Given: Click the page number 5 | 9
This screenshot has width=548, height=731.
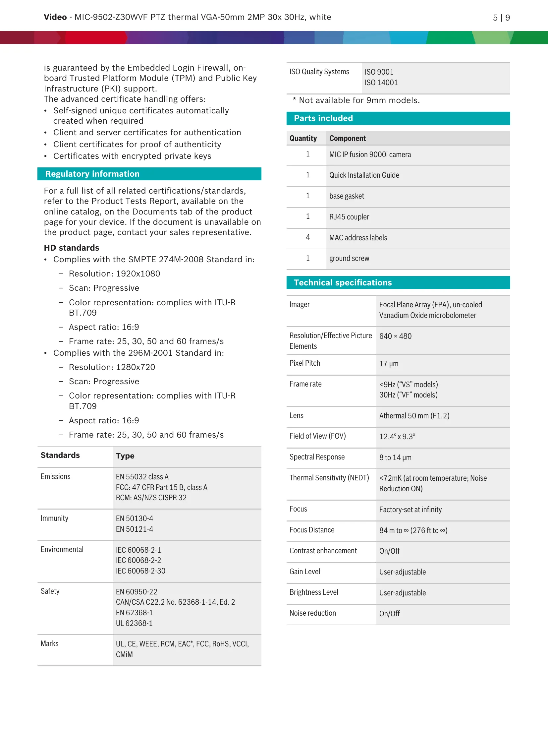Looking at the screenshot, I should (501, 18).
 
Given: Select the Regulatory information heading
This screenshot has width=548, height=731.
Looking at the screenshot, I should (92, 174).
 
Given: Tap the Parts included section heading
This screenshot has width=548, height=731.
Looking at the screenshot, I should (323, 118).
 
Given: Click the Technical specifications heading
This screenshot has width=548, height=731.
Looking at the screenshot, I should (343, 283).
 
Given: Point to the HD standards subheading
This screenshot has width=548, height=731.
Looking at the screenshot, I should (72, 248).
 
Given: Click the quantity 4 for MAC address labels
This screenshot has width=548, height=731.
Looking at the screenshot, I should (308, 237).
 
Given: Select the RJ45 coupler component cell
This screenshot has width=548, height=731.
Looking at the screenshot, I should (349, 217).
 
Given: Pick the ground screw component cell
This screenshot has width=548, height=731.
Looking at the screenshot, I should (349, 259).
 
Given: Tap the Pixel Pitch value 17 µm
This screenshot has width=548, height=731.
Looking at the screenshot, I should (389, 364).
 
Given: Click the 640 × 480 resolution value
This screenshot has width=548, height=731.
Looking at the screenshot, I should (395, 336).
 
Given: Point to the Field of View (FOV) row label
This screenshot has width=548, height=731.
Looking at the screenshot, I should (317, 436).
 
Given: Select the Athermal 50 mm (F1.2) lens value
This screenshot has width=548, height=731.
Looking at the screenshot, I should (414, 416).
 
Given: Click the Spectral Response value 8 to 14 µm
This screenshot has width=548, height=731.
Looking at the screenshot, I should (395, 458).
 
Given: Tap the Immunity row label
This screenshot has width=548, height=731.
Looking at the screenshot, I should (54, 518).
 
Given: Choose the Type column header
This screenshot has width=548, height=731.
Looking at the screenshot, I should (125, 456).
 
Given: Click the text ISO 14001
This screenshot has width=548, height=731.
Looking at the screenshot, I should (381, 83).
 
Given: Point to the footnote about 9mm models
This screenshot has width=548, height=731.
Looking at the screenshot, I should (356, 100).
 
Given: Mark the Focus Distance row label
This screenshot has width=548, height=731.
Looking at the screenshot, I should (312, 530).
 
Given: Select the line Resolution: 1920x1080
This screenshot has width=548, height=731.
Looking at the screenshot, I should (114, 274).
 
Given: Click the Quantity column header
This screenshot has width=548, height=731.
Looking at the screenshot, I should (303, 139).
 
